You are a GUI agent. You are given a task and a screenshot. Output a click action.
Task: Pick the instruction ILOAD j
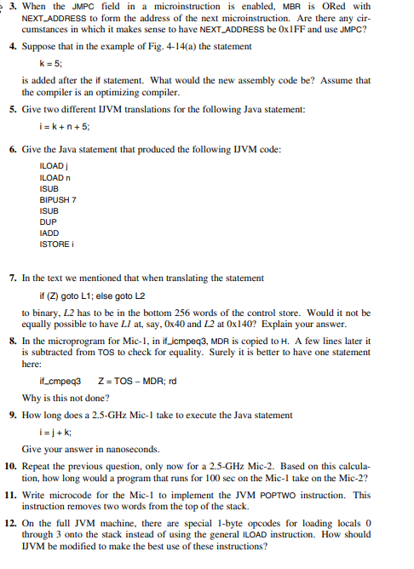[x=54, y=164]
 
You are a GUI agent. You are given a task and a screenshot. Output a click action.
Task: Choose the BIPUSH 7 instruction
[x=59, y=199]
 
